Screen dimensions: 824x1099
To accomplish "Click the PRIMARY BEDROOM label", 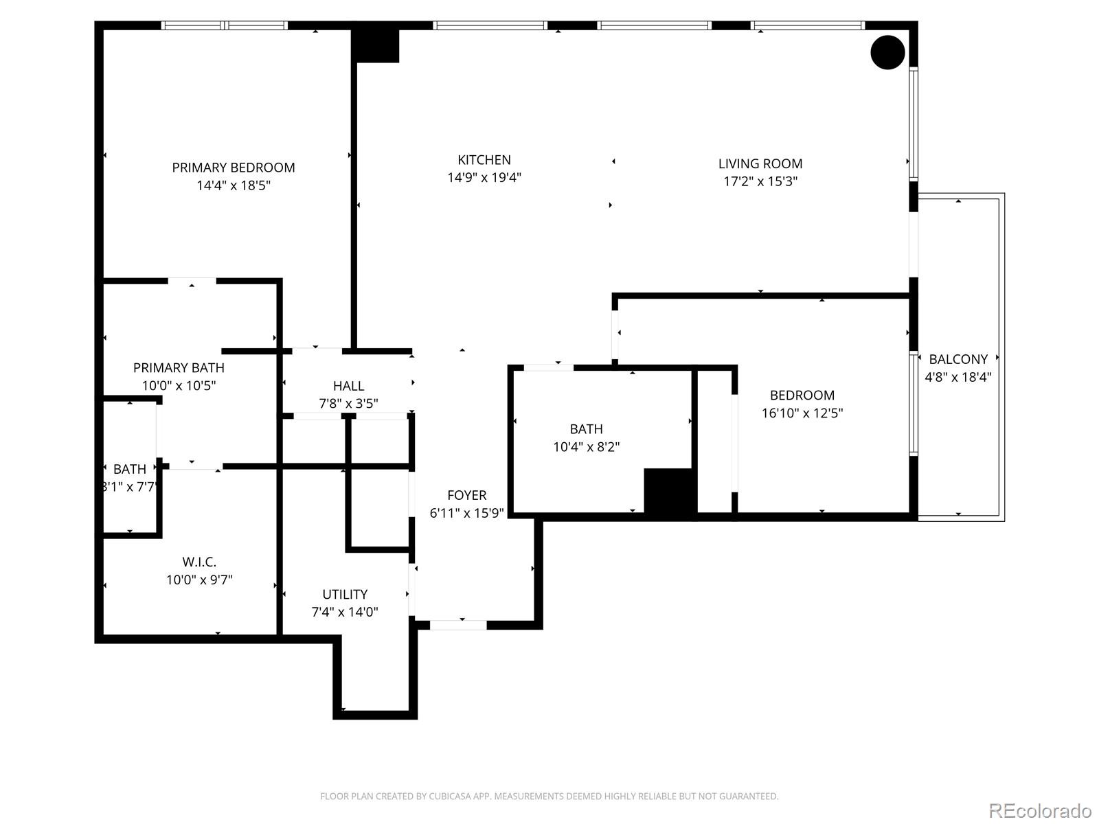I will pos(234,168).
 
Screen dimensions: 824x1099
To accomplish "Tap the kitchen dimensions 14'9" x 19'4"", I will pos(484,178).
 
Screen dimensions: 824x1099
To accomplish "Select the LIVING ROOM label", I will pos(760,163).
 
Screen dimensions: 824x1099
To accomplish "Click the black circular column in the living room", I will pos(887,52).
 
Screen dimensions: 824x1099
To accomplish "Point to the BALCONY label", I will pos(958,359).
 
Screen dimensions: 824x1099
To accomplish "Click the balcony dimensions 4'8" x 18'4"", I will pos(958,377).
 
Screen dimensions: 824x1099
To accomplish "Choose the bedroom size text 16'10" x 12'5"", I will pos(802,413).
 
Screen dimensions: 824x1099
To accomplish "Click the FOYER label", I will pos(467,495).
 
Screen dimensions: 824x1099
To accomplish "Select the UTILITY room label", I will pos(345,595).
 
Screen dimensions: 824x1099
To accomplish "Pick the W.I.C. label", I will pos(199,562).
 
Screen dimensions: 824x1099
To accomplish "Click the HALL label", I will pos(348,386).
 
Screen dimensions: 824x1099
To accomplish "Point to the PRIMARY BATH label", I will pos(179,368).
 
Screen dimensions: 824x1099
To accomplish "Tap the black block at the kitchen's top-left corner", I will pos(375,44).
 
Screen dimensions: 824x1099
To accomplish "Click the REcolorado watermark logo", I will pos(1040,810).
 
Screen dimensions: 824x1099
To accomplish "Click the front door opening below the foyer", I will pos(458,625).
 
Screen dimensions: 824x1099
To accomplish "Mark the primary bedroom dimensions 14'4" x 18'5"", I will pos(234,185).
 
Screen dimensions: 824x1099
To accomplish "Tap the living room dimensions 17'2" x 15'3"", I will pos(760,181).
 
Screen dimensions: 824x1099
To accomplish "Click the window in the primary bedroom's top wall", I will pos(225,25).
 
